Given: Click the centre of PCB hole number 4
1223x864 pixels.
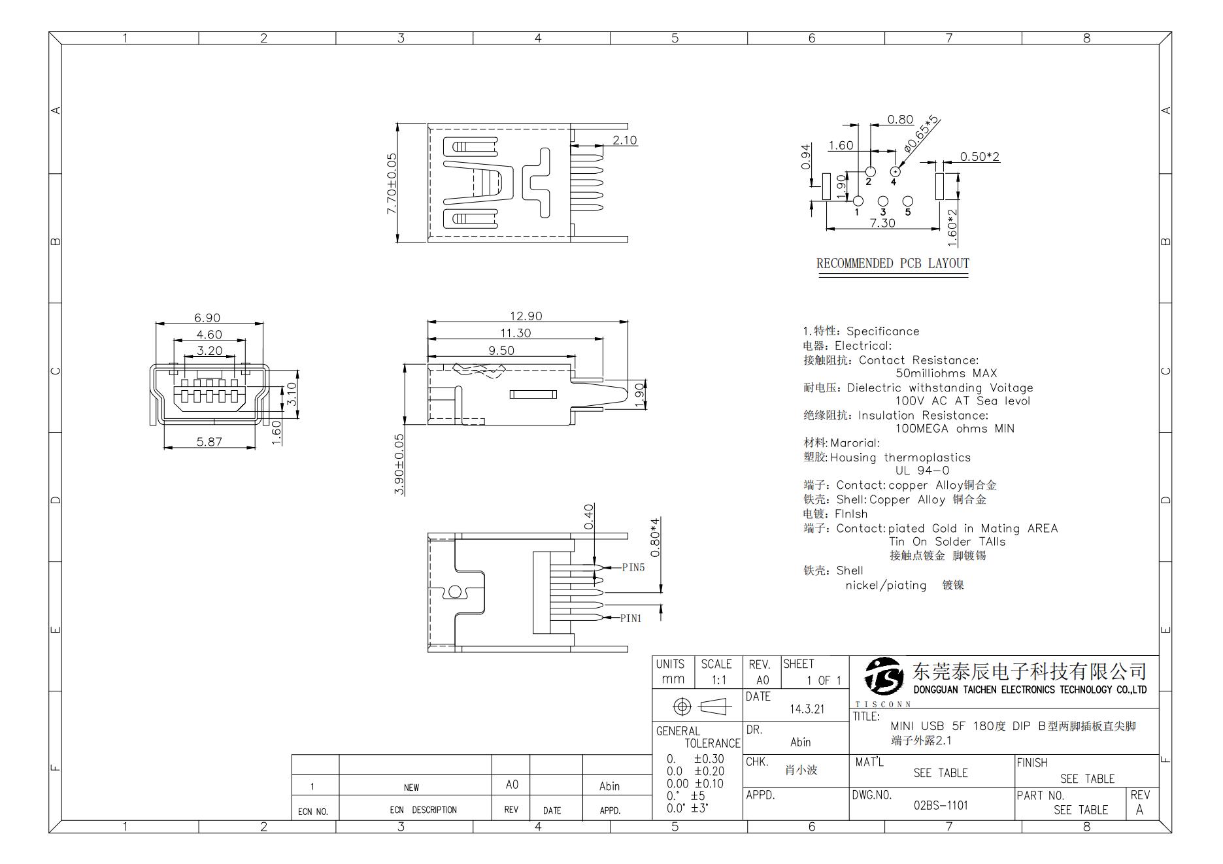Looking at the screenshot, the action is pyautogui.click(x=895, y=172).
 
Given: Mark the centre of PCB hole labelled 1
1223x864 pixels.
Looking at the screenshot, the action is pyautogui.click(x=858, y=201).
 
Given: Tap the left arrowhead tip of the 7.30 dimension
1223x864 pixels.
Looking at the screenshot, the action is pyautogui.click(x=827, y=229).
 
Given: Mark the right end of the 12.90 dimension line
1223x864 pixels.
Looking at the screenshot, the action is pyautogui.click(x=628, y=322).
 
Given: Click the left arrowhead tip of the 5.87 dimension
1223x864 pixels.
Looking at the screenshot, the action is pyautogui.click(x=164, y=448).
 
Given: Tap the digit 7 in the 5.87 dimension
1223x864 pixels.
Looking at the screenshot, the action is pyautogui.click(x=218, y=441).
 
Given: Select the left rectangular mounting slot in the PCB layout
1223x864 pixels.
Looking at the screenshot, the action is pyautogui.click(x=826, y=186).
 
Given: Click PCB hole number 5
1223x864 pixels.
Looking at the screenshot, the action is pyautogui.click(x=907, y=201).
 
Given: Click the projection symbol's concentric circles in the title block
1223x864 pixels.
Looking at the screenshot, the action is pyautogui.click(x=682, y=706).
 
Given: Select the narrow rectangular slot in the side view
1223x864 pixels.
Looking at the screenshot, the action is pyautogui.click(x=533, y=394).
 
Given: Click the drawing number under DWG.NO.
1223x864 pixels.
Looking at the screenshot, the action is pyautogui.click(x=941, y=805).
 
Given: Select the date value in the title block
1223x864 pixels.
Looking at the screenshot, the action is pyautogui.click(x=807, y=709).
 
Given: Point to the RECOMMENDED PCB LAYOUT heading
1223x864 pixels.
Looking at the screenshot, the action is pyautogui.click(x=893, y=263).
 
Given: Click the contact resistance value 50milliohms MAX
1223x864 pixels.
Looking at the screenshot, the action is pyautogui.click(x=946, y=373).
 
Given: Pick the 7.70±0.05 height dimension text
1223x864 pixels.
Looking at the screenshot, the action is pyautogui.click(x=392, y=184).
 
